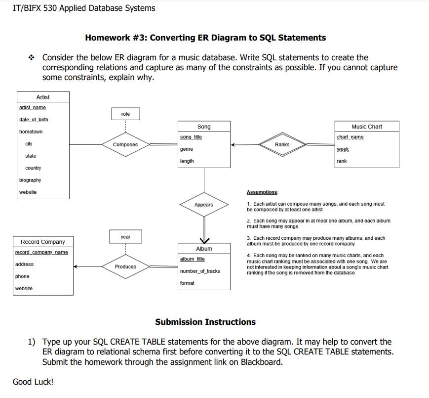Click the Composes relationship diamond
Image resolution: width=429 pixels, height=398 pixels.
125,144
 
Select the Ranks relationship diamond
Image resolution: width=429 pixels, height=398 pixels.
282,144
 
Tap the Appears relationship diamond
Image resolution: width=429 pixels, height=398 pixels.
203,205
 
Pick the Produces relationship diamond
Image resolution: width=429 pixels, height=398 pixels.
125,266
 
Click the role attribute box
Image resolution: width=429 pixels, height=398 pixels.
125,114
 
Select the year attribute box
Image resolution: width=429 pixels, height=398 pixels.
125,237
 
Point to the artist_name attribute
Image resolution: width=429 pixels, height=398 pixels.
33,107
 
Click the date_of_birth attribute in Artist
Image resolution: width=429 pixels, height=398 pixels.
34,120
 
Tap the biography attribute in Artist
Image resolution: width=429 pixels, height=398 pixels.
30,180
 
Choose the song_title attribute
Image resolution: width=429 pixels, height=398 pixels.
191,137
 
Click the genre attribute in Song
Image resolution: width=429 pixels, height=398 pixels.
187,149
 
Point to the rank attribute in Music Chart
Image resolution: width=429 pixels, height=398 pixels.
342,161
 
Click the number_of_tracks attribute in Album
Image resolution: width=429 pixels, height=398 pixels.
200,271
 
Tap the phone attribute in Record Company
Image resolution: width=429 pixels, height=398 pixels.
22,276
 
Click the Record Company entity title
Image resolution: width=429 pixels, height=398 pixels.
43,242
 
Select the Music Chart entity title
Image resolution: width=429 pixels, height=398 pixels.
367,127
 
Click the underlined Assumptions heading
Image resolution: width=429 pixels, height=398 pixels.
262,192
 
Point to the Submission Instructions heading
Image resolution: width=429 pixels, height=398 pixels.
205,322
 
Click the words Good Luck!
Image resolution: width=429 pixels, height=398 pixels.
33,382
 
